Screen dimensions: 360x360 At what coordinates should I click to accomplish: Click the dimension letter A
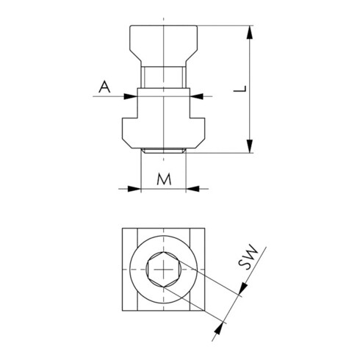click(104, 87)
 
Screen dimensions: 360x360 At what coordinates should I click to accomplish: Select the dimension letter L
click(240, 89)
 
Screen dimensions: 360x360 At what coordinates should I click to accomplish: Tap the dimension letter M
click(164, 179)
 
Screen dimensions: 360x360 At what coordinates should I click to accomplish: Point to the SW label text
click(248, 257)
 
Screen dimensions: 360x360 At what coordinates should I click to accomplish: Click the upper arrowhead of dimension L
click(250, 32)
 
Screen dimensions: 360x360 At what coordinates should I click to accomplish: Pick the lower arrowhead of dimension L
click(250, 146)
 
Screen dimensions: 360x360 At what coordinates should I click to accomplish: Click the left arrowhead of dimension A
click(131, 96)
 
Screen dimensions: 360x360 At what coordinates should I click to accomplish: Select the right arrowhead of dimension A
click(197, 96)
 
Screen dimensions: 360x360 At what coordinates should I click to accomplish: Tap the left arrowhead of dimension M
click(134, 189)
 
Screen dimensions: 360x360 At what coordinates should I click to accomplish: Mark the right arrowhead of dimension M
click(192, 189)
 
